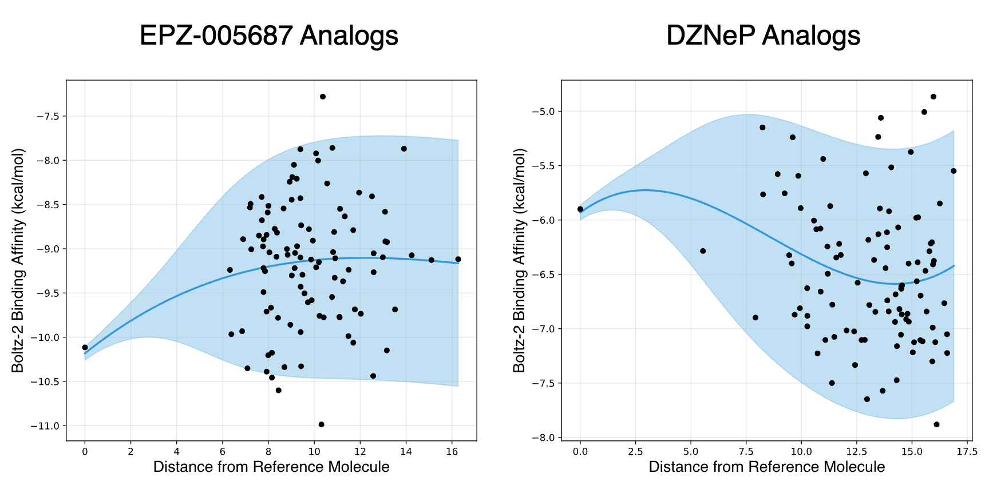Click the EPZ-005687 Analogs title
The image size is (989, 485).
[x=268, y=35]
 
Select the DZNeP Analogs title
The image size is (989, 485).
[x=763, y=35]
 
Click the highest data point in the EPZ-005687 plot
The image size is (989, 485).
[x=323, y=97]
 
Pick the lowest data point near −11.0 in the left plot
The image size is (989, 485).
[x=321, y=424]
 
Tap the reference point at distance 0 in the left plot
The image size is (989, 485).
[x=85, y=347]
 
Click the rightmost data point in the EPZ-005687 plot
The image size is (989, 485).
[x=458, y=259]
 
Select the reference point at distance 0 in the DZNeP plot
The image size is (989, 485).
[x=580, y=209]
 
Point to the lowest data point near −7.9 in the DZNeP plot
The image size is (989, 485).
[x=936, y=424]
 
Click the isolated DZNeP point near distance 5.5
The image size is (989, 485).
[x=703, y=251]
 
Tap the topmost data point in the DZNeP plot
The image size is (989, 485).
[x=933, y=97]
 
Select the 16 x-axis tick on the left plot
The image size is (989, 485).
[x=452, y=451]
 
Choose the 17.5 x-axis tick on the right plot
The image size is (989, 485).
[x=967, y=451]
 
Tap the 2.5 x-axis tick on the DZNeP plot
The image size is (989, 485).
[x=635, y=451]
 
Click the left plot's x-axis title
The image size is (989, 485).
[x=271, y=467]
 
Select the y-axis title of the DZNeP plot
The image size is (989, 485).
[x=519, y=260]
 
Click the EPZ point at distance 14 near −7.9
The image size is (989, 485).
[x=404, y=149]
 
